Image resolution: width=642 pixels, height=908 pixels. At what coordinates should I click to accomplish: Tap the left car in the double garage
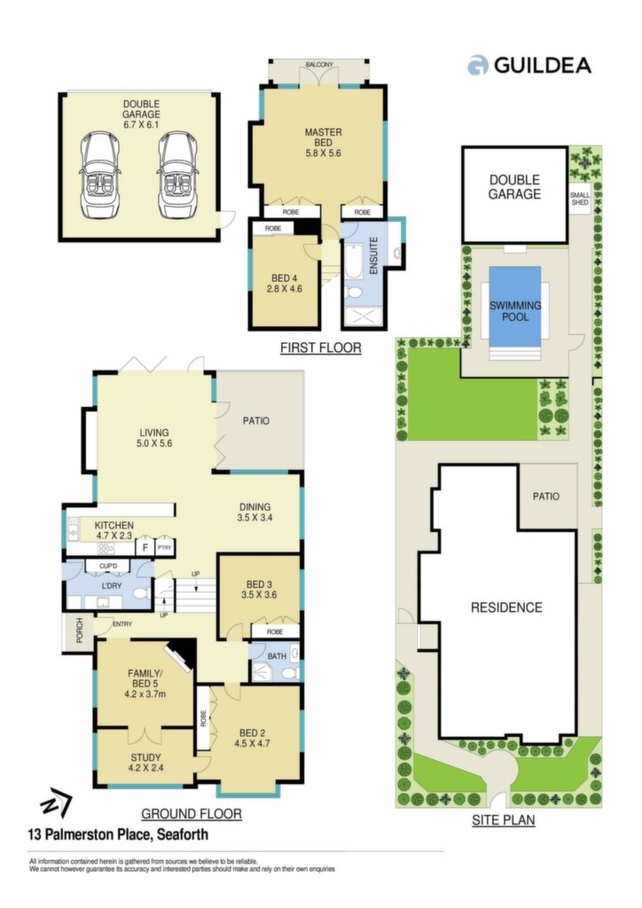101,175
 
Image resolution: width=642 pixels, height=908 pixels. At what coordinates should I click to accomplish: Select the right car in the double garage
179,175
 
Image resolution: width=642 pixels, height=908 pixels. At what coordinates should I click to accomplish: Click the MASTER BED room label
323,137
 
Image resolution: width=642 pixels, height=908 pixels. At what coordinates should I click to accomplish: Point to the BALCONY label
319,65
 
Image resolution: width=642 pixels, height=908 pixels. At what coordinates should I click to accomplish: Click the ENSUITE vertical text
373,254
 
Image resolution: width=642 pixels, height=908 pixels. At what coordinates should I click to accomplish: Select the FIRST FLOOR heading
321,348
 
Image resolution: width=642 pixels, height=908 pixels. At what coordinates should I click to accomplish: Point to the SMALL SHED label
579,199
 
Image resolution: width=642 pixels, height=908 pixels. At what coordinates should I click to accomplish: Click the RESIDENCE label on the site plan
506,607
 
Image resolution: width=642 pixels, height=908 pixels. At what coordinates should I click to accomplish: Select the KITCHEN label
114,525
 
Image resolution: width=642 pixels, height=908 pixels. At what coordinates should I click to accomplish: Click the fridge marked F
145,547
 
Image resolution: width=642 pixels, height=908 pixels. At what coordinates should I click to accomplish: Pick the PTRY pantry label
164,547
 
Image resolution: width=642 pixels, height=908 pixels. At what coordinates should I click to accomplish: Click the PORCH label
79,631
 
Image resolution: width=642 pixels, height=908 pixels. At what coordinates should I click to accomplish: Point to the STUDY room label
146,757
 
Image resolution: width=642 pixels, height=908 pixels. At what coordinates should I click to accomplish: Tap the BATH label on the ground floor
277,656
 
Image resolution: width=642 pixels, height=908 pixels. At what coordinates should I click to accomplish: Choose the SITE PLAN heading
503,820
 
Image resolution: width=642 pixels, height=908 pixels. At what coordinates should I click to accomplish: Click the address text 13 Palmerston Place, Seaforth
118,834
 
